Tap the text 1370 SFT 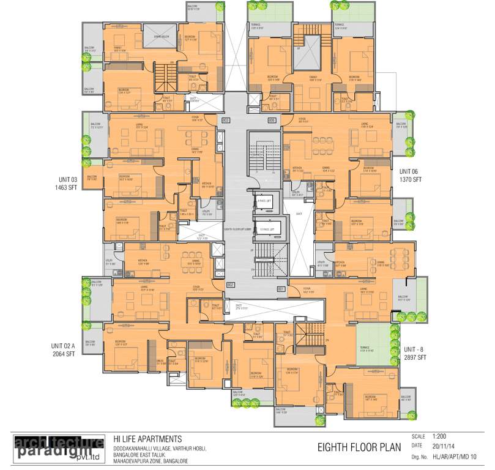(x=411, y=181)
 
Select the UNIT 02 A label (x=63, y=346)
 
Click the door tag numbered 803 (x=225, y=121)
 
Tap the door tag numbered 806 (x=272, y=121)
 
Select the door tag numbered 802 (x=230, y=285)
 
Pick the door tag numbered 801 (x=281, y=289)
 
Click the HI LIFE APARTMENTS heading (x=147, y=439)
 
